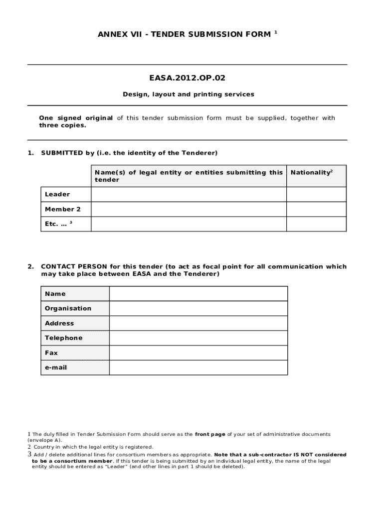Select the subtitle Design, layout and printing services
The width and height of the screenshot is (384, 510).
click(x=189, y=94)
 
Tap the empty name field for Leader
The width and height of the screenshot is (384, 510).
click(x=189, y=194)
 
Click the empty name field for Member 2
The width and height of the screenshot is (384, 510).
click(x=189, y=209)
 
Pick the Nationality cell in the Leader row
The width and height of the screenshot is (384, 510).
click(x=316, y=194)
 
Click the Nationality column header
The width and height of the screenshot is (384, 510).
click(x=311, y=172)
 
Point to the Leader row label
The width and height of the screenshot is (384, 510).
click(x=57, y=194)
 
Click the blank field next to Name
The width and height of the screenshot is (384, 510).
click(x=198, y=294)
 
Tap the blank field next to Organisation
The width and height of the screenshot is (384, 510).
click(x=198, y=308)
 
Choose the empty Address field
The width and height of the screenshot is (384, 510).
click(x=198, y=323)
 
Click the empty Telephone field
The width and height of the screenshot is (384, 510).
click(x=198, y=338)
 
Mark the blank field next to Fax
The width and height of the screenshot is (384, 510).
click(x=198, y=353)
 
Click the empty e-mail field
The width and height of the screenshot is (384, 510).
click(x=198, y=368)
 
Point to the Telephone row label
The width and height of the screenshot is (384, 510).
click(x=63, y=338)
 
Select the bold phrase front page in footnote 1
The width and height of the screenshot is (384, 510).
click(x=210, y=434)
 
